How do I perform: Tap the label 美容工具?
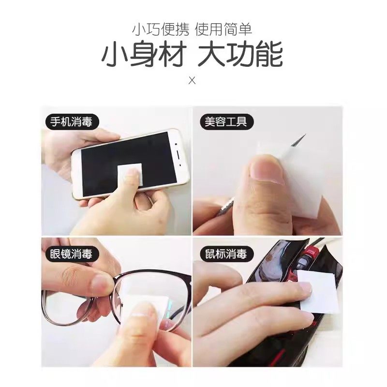(x=223, y=121)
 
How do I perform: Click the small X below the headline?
(x=192, y=80)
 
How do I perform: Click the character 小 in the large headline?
(x=113, y=56)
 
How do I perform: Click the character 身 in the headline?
(x=143, y=56)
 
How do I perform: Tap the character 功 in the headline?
(x=241, y=56)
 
